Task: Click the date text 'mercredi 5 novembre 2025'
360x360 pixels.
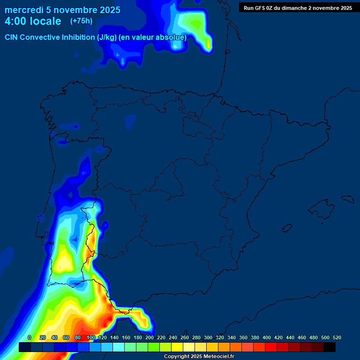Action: pos(62,10)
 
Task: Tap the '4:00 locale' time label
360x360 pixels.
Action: pos(33,21)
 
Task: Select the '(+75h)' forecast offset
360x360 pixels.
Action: pos(81,21)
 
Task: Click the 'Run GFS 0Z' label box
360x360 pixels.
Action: pos(298,7)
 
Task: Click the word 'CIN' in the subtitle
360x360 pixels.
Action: pos(12,37)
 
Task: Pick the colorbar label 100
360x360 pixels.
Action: pos(90,337)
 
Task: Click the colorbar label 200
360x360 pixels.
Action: pos(149,337)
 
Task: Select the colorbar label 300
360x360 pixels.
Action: pos(208,337)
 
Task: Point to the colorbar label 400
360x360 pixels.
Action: pos(266,337)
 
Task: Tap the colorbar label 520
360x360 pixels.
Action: pos(337,337)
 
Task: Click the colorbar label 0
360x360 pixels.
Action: pos(30,337)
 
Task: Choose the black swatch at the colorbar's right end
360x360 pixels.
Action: pos(330,347)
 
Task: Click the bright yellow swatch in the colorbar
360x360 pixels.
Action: pos(177,347)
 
